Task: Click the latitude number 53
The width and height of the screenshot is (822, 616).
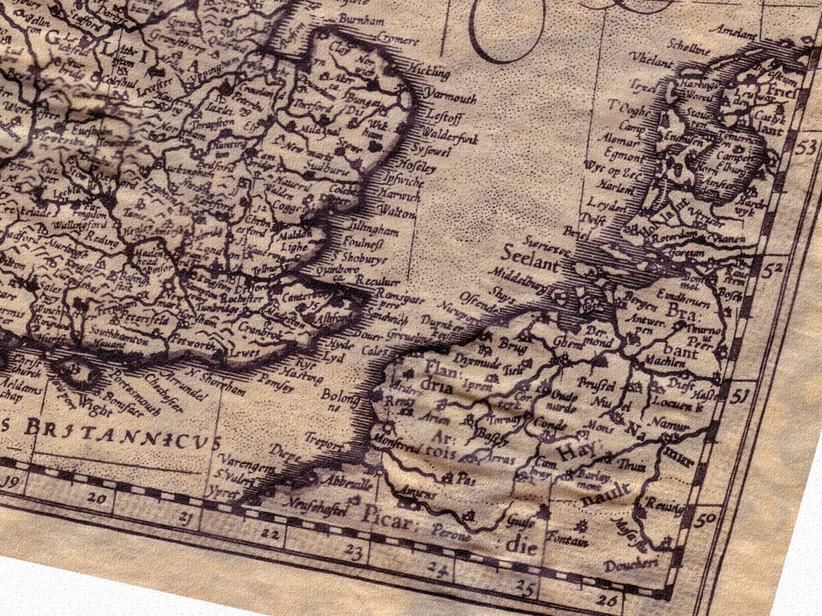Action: tap(809, 146)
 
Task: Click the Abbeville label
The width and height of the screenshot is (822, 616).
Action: tap(351, 484)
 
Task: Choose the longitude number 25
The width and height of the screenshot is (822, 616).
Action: tap(526, 586)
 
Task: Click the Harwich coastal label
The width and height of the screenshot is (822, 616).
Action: tap(399, 196)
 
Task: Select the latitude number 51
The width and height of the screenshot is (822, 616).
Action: tap(738, 395)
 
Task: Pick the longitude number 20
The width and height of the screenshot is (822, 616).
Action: tap(97, 498)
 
